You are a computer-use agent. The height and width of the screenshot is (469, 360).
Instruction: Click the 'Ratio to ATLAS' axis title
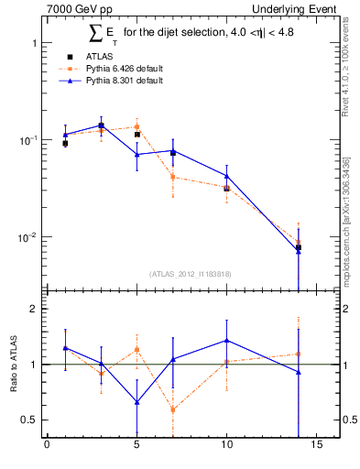(x=13, y=364)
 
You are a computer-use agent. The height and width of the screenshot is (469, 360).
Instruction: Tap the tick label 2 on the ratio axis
(x=31, y=309)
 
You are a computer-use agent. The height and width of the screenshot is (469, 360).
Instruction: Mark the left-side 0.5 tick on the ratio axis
(x=27, y=420)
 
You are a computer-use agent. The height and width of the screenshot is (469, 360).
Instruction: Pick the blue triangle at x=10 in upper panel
(x=226, y=176)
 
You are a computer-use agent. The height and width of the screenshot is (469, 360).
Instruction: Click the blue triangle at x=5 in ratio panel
(x=136, y=402)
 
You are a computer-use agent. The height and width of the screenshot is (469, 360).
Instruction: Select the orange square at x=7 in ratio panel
(x=172, y=409)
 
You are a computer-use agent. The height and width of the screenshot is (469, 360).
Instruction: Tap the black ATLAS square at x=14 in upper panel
(x=298, y=247)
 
